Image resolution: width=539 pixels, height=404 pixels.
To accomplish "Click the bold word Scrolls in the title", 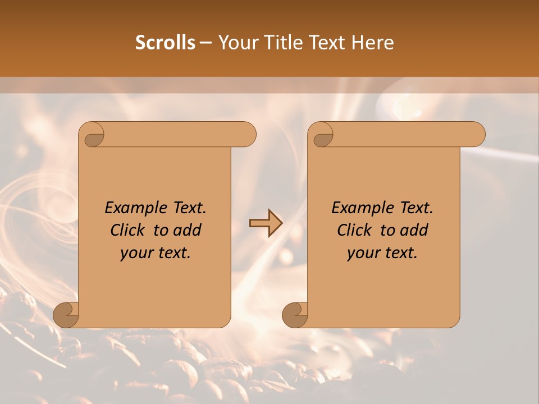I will click(165, 42).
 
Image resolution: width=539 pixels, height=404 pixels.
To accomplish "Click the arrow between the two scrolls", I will click(266, 223).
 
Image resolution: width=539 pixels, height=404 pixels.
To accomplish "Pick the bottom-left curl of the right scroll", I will click(296, 314).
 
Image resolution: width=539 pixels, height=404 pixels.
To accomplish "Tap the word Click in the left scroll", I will click(129, 230).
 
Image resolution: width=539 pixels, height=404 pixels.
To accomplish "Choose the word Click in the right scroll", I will click(356, 230).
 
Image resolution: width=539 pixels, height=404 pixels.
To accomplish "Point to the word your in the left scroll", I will click(136, 252).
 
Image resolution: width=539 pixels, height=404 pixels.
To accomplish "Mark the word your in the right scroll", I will click(363, 252).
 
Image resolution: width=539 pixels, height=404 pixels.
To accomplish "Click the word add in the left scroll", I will click(187, 230).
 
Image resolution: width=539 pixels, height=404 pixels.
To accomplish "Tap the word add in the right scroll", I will click(414, 230).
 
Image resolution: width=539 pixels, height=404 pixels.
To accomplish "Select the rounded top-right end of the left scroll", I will click(247, 134).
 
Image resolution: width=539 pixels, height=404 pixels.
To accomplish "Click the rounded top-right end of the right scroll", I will click(476, 134).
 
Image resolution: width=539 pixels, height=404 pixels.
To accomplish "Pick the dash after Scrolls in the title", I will click(205, 43).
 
